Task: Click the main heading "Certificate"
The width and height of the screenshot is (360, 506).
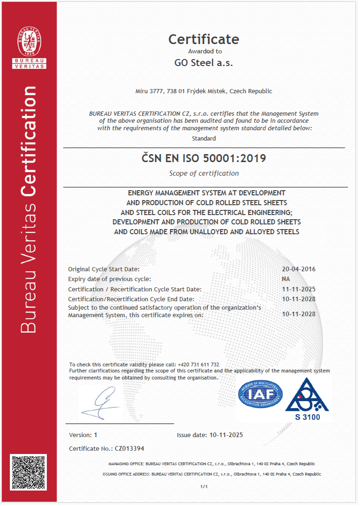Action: click(x=204, y=39)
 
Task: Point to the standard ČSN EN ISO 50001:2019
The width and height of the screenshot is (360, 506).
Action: click(x=204, y=158)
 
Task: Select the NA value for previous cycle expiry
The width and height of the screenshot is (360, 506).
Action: click(x=285, y=279)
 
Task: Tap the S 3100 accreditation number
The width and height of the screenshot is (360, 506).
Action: click(x=308, y=417)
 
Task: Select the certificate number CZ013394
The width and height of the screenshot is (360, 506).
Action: click(x=129, y=448)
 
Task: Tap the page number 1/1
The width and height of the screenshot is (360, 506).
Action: click(x=204, y=487)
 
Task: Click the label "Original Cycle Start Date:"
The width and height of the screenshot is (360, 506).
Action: click(x=104, y=269)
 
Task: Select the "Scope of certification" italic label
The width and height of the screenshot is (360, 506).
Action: click(x=204, y=173)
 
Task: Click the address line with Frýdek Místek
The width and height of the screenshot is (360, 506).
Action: click(x=204, y=91)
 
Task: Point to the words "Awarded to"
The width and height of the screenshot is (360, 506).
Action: click(x=205, y=51)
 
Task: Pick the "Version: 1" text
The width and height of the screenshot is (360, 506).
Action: click(x=83, y=435)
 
